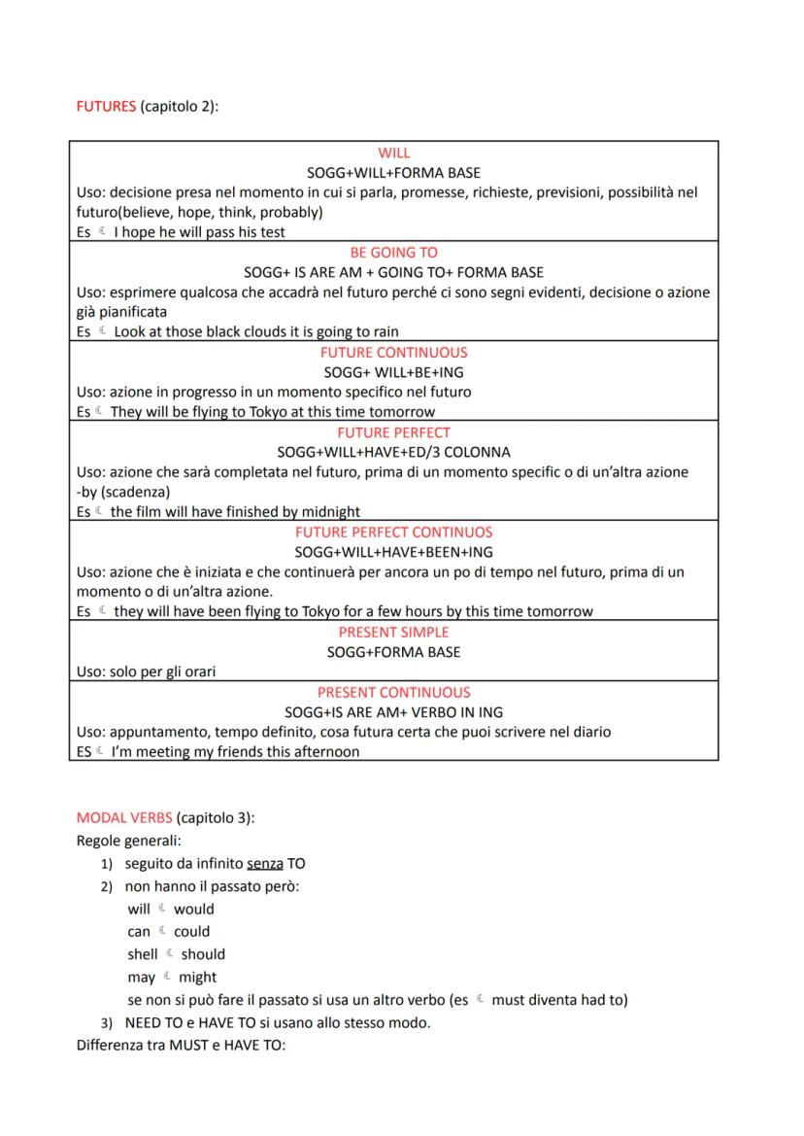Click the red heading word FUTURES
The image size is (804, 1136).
(106, 107)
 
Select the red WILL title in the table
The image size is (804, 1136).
(393, 153)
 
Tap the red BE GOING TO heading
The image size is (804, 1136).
(393, 252)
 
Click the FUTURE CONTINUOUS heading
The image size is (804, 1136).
(393, 352)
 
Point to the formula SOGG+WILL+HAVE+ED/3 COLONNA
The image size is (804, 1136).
(393, 452)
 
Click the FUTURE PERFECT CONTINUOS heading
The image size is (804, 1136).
(393, 532)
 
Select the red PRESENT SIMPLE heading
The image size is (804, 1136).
(393, 632)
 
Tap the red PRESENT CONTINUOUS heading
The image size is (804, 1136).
(393, 692)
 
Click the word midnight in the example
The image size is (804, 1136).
(328, 511)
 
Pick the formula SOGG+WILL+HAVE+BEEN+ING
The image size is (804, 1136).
(393, 552)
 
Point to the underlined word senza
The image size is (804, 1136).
(265, 864)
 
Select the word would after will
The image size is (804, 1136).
(194, 910)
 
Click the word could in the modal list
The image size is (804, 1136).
(191, 932)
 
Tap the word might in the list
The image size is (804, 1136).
(198, 977)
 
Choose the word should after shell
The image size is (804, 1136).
(203, 954)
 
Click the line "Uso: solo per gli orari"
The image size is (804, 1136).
(146, 671)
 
